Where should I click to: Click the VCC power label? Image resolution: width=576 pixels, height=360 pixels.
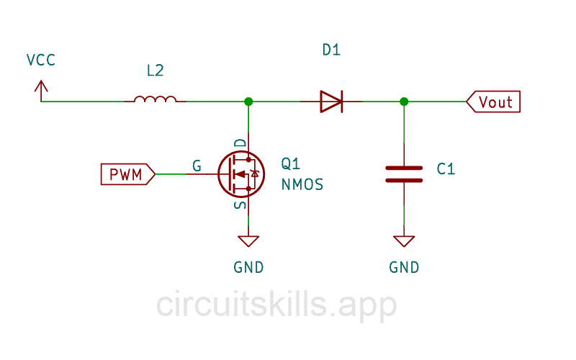[x=40, y=60]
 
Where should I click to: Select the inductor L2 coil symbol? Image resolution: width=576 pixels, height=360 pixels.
[x=155, y=99]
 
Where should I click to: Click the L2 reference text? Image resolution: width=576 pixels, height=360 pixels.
[x=155, y=71]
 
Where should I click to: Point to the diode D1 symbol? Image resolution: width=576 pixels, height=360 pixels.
[x=331, y=102]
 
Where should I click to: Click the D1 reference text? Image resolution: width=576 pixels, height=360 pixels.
[x=331, y=50]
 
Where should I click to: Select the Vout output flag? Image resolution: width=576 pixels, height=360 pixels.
[x=493, y=102]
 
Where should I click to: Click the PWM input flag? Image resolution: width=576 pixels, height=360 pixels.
[x=127, y=174]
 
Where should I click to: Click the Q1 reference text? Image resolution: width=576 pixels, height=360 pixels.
[x=291, y=163]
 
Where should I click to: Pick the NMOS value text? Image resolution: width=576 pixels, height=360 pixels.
[x=302, y=185]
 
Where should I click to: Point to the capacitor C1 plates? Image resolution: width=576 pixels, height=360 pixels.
[x=404, y=174]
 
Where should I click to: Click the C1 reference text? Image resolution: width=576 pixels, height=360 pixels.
[x=446, y=169]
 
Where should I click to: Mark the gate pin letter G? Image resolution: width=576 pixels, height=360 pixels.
[x=197, y=166]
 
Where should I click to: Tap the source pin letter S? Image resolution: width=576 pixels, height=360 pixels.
[x=240, y=205]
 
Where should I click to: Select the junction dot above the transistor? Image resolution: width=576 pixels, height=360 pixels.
[x=248, y=102]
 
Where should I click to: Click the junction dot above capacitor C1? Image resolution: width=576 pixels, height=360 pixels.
[x=404, y=102]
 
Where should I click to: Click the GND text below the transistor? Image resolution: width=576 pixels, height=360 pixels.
[x=248, y=267]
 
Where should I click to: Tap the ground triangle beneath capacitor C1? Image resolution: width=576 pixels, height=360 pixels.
[x=404, y=240]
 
